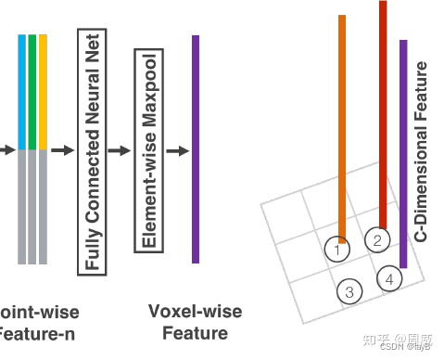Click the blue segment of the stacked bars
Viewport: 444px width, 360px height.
[22, 91]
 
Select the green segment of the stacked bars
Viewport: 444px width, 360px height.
[32, 91]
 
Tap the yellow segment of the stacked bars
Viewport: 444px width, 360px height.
[43, 91]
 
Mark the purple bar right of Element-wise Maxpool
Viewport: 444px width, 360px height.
[196, 148]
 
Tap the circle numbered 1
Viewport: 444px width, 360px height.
[338, 249]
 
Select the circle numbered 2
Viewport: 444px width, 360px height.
[376, 240]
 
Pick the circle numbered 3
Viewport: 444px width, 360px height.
[349, 291]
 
